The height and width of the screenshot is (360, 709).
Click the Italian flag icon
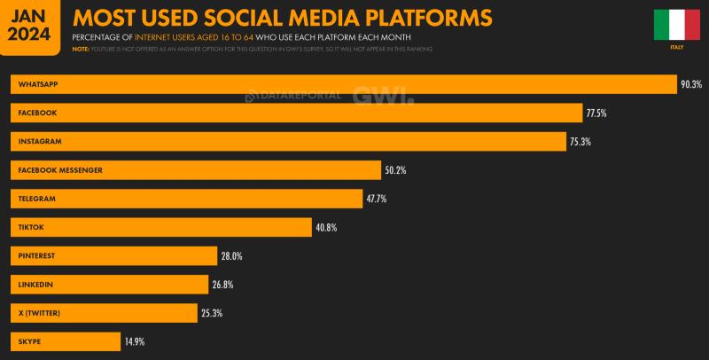(676, 25)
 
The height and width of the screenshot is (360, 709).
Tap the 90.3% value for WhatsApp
(691, 84)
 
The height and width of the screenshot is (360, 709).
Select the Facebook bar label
(37, 113)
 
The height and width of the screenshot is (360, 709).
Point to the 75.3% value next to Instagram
(580, 142)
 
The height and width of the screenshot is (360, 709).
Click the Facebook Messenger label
(60, 170)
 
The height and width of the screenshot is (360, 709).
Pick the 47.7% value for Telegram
(377, 199)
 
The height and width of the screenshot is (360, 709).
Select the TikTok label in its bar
(32, 227)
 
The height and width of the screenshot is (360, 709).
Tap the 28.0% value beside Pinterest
(231, 256)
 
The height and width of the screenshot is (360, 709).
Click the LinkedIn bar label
(36, 285)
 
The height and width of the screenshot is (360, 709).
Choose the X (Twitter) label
(40, 313)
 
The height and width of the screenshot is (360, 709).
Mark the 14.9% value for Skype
(135, 341)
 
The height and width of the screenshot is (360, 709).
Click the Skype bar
(66, 341)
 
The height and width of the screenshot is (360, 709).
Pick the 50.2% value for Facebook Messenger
(395, 170)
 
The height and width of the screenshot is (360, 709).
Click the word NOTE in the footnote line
(81, 49)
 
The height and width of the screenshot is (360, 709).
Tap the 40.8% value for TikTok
(326, 227)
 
